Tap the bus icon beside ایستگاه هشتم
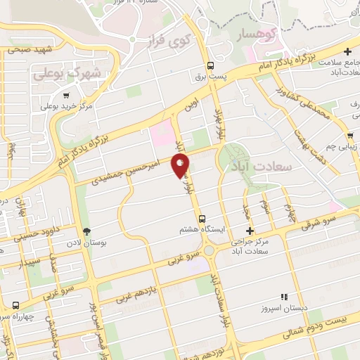202,219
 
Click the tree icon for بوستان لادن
87,231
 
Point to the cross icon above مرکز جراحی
250,231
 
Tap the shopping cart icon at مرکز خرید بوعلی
66,96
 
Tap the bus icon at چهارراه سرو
16,306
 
